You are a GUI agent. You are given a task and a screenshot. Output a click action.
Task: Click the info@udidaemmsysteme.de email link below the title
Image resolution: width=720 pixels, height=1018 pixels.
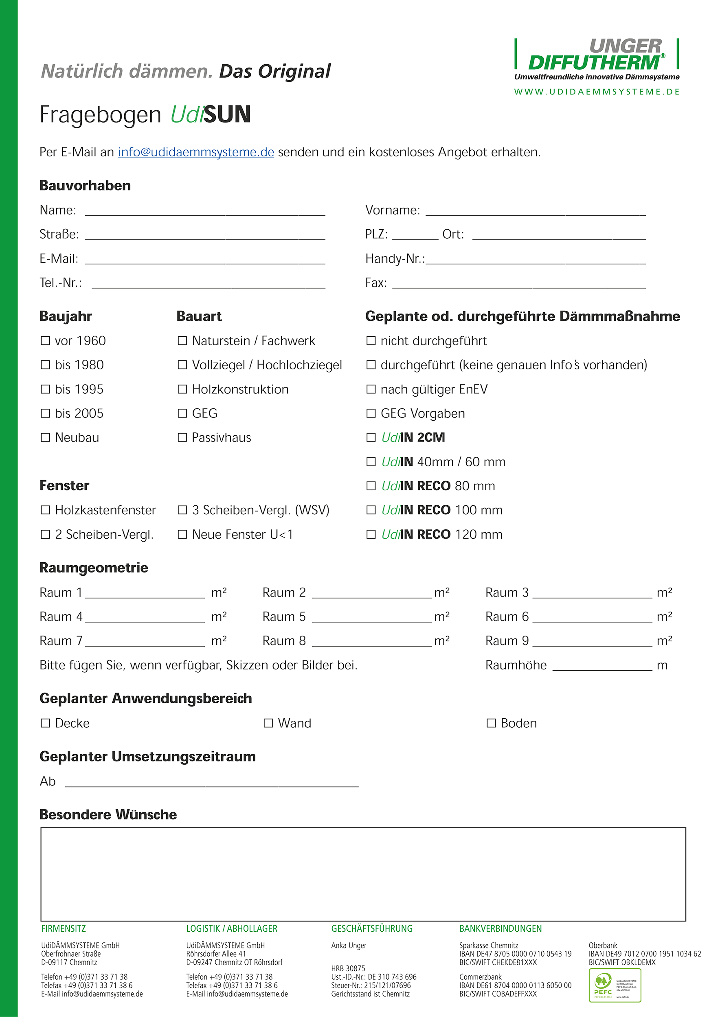point(196,152)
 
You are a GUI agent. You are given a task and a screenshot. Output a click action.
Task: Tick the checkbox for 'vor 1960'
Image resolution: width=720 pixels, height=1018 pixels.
point(45,340)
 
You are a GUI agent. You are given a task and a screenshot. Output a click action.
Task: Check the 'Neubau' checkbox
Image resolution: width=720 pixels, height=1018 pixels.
point(45,437)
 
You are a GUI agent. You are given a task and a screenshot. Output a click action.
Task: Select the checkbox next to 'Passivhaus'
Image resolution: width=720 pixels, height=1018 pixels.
point(182,437)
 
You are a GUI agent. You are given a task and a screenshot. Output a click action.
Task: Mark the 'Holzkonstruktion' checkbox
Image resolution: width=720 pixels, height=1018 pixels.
point(182,389)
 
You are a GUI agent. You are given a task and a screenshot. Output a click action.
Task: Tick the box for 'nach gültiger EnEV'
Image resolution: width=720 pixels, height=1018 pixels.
point(371,389)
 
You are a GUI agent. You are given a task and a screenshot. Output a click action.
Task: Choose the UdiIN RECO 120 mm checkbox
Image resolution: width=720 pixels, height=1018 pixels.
point(371,534)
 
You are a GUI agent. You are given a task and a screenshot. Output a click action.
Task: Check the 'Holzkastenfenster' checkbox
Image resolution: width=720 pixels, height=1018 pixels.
point(45,510)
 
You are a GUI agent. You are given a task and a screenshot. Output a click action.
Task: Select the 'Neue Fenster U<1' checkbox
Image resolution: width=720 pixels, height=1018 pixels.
point(182,534)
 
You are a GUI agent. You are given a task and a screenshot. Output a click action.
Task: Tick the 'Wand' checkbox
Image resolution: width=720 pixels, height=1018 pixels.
point(268,723)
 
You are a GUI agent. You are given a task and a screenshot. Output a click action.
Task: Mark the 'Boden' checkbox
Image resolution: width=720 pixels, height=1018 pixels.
point(491,723)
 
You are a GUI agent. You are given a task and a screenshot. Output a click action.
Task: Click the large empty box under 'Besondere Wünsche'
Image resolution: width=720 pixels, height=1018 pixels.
point(363,874)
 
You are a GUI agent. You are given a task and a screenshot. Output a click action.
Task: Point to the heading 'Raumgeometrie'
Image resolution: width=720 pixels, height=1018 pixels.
point(94,568)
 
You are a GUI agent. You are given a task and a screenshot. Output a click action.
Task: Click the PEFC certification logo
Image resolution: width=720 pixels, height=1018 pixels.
point(615,985)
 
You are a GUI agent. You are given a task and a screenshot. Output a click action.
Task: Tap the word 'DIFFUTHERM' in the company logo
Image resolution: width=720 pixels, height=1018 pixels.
point(594,63)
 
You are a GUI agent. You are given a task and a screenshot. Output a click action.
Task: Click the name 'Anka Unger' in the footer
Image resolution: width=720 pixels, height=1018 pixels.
point(349,945)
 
